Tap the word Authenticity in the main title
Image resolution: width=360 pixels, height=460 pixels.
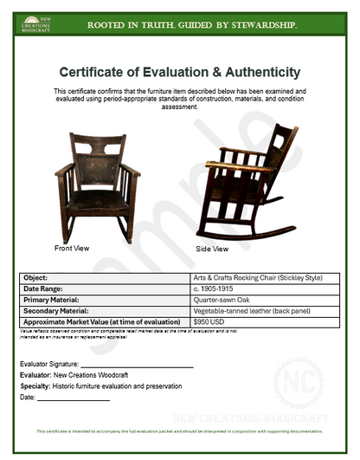tap(260, 72)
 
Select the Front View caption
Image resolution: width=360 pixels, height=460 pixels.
tap(72, 248)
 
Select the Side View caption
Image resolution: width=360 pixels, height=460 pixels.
tap(212, 249)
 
